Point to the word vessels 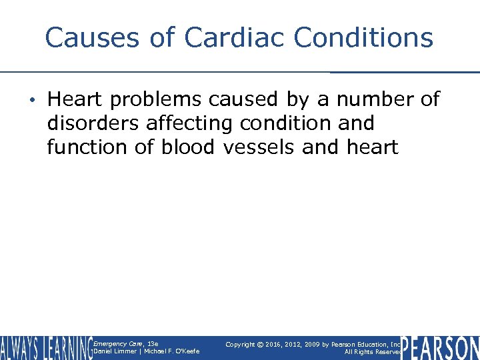259,147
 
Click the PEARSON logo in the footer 441,347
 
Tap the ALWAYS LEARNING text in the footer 47,347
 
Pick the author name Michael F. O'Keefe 173,351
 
